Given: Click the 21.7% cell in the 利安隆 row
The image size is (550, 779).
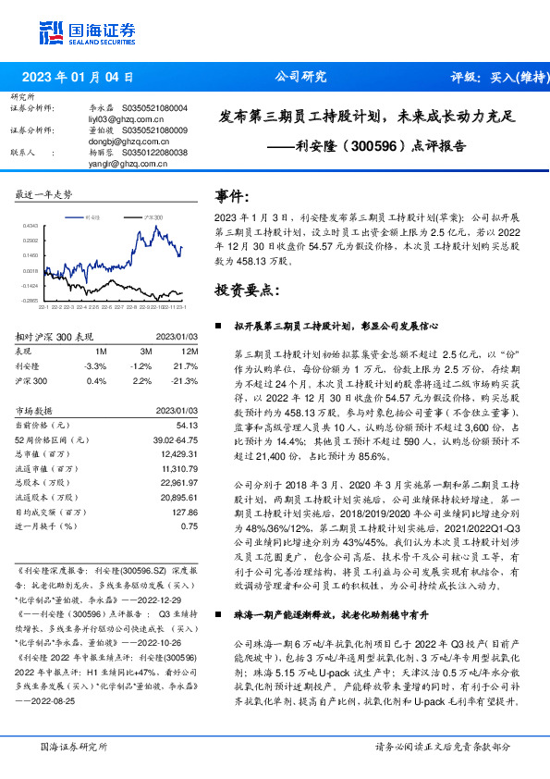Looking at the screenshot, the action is coord(188,366).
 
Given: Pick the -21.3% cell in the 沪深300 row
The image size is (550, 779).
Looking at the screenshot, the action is coord(187,380).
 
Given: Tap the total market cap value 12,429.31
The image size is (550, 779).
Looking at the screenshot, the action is coord(179,454).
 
